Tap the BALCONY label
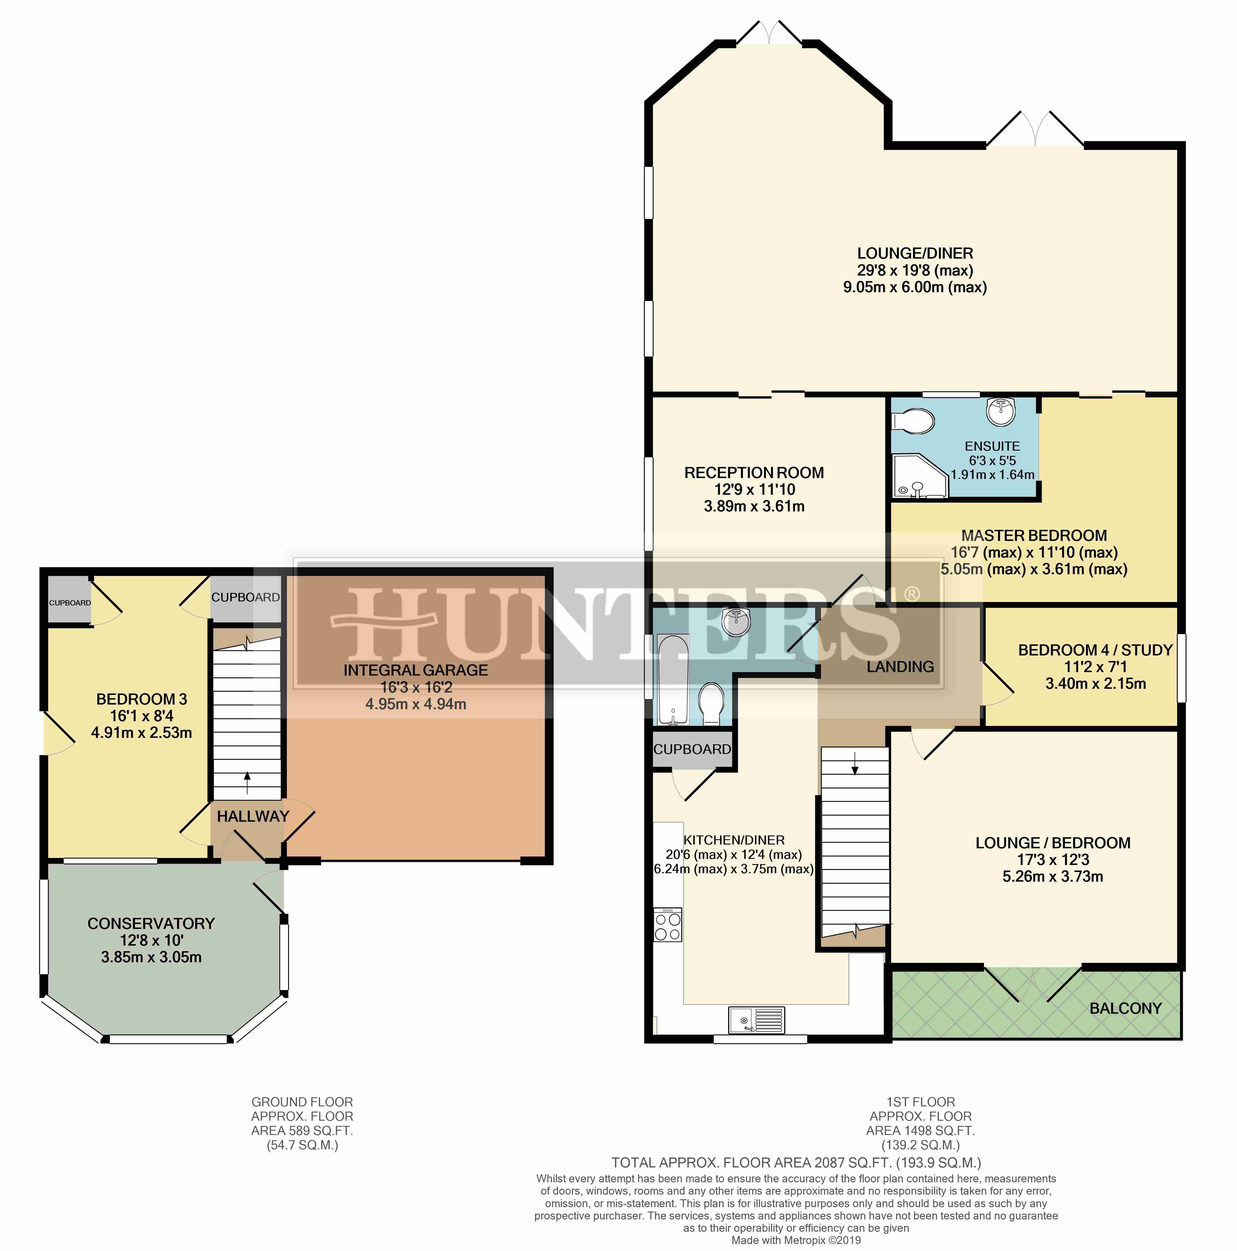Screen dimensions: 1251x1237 (1125, 1008)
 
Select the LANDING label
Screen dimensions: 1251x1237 (900, 666)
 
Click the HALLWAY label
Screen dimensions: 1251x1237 (252, 816)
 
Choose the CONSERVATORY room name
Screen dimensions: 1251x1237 (151, 923)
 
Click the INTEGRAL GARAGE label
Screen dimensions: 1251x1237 (415, 670)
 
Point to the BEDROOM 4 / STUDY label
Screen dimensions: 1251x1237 (1095, 650)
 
